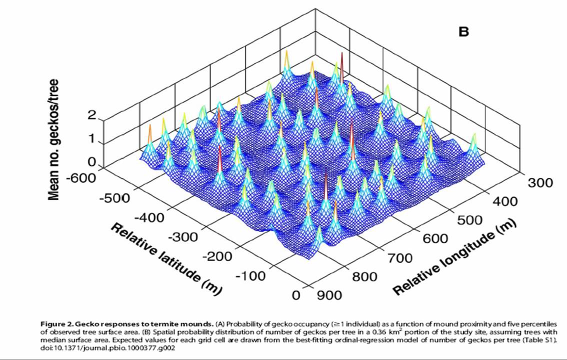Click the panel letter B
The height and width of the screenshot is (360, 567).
coord(463,32)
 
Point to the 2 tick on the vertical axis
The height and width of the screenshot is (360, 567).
coord(91,115)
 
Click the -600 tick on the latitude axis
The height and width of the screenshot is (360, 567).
coord(85,177)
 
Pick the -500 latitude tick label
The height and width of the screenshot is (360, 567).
coord(115,197)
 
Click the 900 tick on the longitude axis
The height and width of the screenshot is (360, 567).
coord(328,295)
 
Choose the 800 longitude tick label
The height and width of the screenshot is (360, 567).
coord(364,277)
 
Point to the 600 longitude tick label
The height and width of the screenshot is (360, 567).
coord(434,239)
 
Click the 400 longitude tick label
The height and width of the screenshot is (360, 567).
coord(505,201)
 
